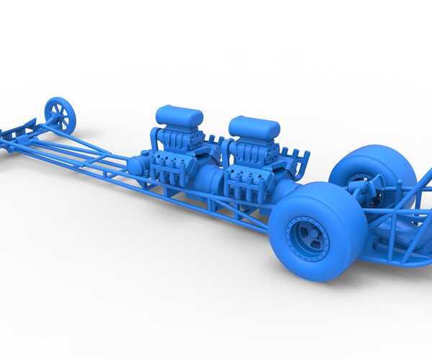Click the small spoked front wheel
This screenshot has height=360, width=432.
coord(60,115)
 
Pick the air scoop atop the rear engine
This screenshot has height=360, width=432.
coord(254,127)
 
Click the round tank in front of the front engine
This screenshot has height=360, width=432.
coord(135,167)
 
